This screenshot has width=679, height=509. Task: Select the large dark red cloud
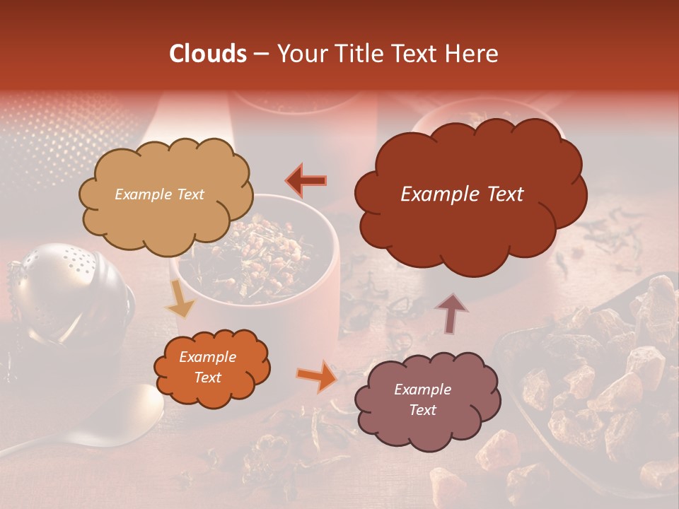pyautogui.click(x=470, y=226)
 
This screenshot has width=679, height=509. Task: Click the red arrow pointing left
pyautogui.click(x=306, y=180)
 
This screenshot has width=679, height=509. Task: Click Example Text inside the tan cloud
pyautogui.click(x=159, y=194)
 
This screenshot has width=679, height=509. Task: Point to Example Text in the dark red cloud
pyautogui.click(x=462, y=194)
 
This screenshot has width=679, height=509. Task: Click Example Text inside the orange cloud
pyautogui.click(x=207, y=368)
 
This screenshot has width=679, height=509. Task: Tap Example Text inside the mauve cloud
pyautogui.click(x=422, y=399)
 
